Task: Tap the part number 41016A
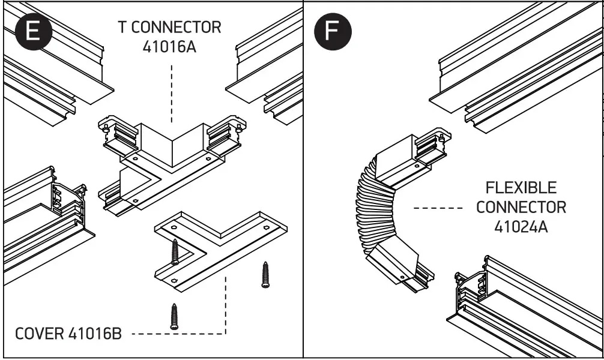click(x=170, y=47)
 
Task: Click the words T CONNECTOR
click(x=169, y=27)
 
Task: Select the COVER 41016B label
click(x=67, y=334)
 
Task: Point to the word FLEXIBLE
click(x=521, y=188)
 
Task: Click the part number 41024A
click(x=521, y=227)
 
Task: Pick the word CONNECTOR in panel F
click(x=521, y=207)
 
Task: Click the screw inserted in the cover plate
click(x=175, y=252)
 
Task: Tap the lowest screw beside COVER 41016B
click(x=174, y=316)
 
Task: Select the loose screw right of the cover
click(x=265, y=274)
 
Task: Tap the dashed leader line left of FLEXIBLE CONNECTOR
click(x=438, y=208)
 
